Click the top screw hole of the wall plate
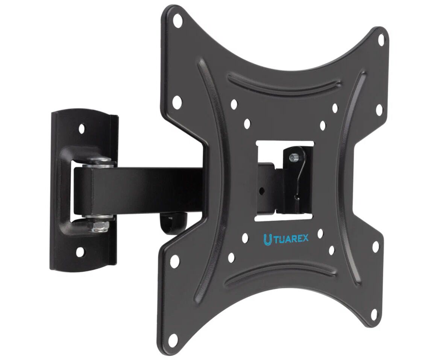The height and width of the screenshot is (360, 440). coord(82,129)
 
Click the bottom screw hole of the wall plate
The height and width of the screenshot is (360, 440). coord(80,251)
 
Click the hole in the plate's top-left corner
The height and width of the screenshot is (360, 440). coord(177,20)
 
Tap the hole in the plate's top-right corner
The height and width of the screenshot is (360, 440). coord(382,40)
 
